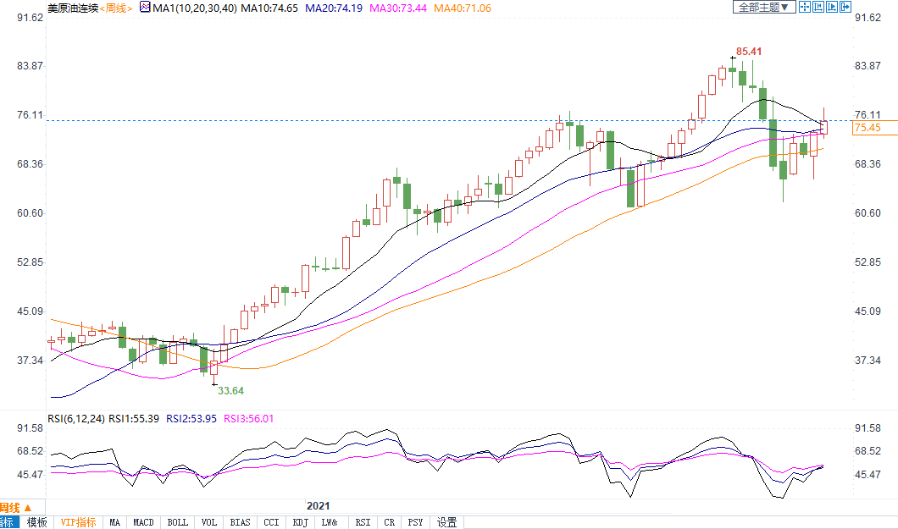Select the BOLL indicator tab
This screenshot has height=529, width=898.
click(177, 522)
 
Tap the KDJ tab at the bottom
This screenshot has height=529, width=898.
click(300, 522)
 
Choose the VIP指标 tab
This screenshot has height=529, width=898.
click(79, 522)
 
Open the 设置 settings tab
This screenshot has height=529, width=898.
click(446, 522)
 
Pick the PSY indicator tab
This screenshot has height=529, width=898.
click(415, 522)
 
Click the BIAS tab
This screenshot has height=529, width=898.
click(240, 522)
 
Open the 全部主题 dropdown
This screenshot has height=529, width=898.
click(763, 8)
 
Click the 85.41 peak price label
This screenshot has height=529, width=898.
click(749, 52)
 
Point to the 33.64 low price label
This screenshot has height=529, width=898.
click(230, 390)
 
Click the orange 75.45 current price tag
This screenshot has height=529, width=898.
click(868, 128)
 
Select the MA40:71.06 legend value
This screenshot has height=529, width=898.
click(462, 8)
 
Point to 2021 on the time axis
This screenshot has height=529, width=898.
click(319, 505)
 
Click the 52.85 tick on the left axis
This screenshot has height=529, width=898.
click(30, 262)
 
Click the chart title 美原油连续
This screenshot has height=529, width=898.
click(72, 8)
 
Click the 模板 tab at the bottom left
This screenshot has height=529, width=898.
click(37, 522)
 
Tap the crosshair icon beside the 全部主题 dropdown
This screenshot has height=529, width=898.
click(806, 8)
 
